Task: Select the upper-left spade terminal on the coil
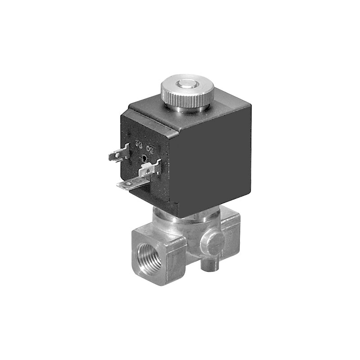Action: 117,156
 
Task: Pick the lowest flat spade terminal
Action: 128,184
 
